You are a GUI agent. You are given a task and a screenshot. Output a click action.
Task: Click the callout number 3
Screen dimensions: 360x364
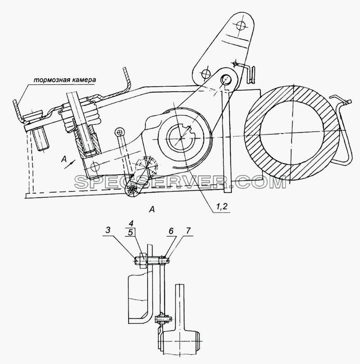point(108,230)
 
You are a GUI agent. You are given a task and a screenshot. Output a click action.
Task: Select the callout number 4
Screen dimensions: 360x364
point(131,224)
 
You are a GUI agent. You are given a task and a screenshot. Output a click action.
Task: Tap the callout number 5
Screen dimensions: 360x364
point(131,232)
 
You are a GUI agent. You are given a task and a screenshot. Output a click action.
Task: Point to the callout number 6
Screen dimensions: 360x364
point(171,231)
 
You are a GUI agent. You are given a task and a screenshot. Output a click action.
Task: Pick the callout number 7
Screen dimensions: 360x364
point(188,231)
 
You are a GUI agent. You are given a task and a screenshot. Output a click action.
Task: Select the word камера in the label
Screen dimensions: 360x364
point(83,80)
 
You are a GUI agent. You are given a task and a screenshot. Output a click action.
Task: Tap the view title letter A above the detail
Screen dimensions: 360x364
point(152,210)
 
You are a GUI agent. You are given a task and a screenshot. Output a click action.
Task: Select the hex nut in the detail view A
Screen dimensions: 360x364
point(143,261)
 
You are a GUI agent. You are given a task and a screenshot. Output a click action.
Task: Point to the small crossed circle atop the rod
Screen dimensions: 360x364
point(119,132)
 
